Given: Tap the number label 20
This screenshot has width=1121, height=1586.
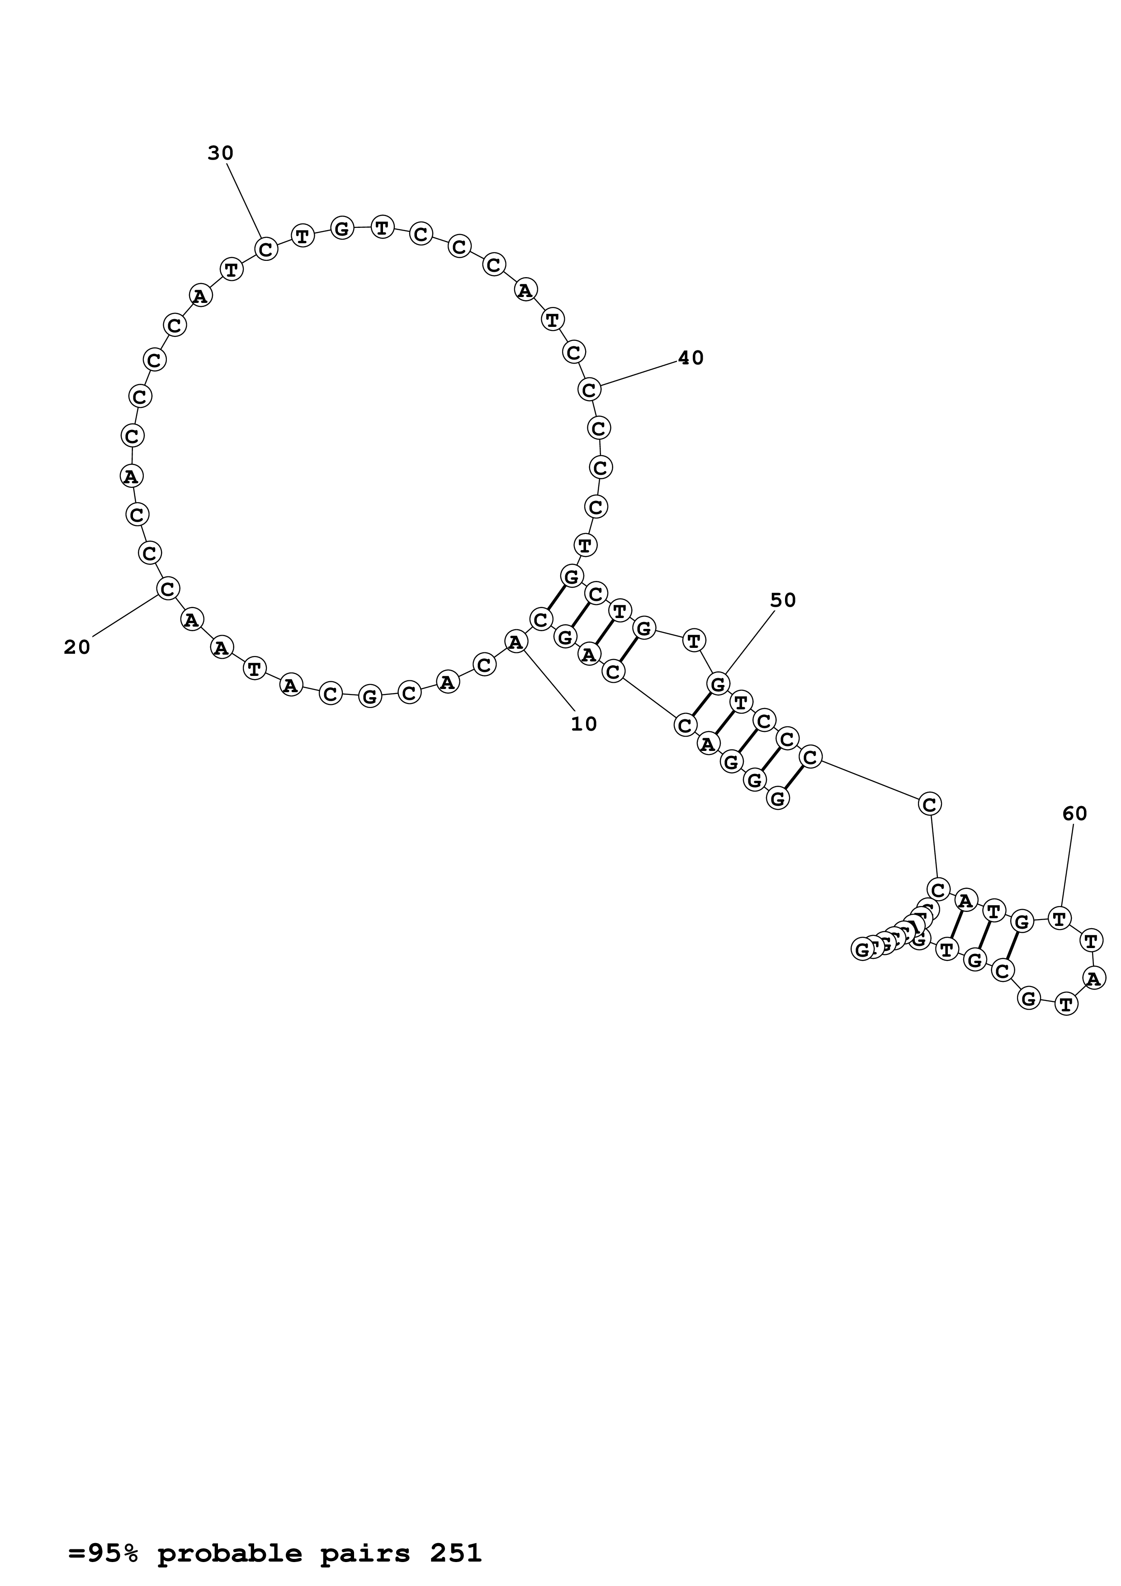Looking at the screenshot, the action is click(77, 647).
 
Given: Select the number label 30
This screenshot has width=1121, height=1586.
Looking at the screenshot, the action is click(220, 153).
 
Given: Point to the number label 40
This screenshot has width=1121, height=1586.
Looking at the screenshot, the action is click(690, 358).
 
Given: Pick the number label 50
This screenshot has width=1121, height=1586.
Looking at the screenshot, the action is click(783, 600).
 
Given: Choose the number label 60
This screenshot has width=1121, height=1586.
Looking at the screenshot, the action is click(1075, 814).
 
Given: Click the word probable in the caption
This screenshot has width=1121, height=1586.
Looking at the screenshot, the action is click(229, 1534).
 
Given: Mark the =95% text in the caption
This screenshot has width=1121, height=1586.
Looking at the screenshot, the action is click(103, 1534).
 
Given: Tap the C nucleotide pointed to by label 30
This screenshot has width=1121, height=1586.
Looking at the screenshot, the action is click(266, 248).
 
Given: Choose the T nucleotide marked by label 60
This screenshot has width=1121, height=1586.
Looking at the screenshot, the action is click(1060, 918).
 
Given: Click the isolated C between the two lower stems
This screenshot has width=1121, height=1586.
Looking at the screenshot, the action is click(930, 804).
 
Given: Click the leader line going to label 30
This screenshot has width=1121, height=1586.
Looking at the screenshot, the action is click(244, 200).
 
